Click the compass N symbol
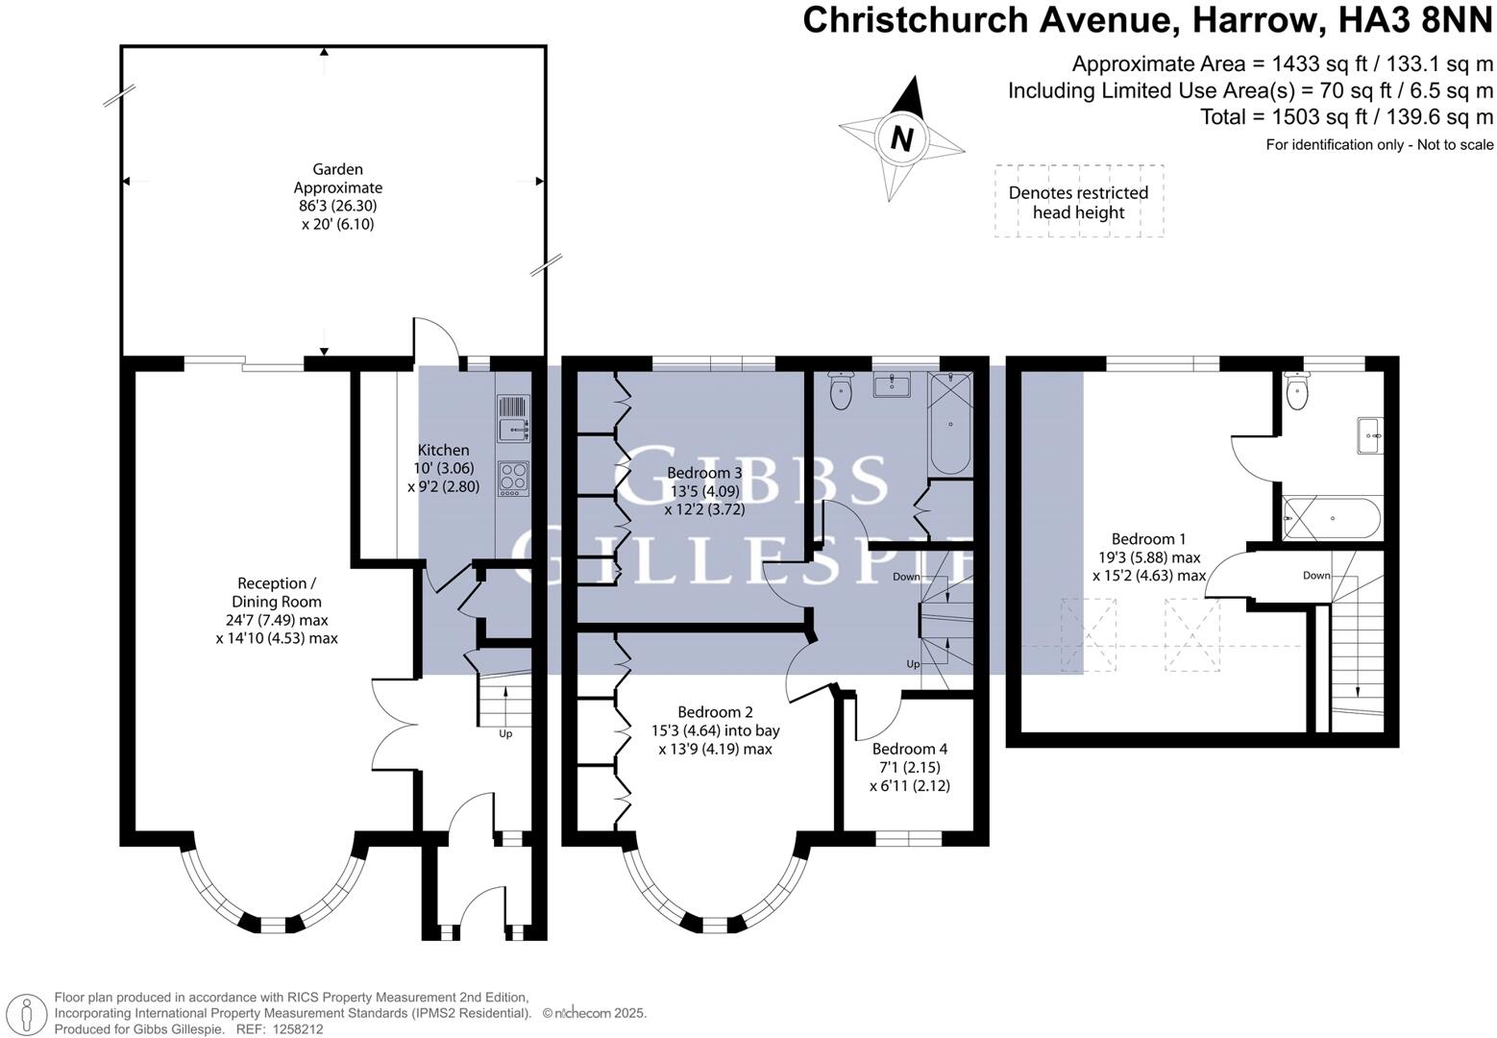[900, 139]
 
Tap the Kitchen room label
[443, 468]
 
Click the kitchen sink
[513, 420]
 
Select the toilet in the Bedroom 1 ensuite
[1297, 393]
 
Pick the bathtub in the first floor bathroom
[950, 424]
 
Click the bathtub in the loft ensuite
[1333, 519]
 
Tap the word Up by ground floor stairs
[505, 734]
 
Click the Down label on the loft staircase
[1316, 576]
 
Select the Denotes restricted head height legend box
[1078, 202]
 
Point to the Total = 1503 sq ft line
[1346, 117]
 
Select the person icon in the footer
[28, 1013]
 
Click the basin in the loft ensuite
[1370, 436]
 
